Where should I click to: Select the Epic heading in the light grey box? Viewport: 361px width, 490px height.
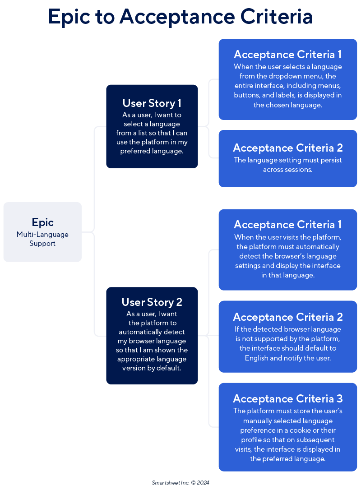coord(43,222)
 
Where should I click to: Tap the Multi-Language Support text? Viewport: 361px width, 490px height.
coord(42,239)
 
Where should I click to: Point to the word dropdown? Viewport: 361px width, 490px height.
coord(288,76)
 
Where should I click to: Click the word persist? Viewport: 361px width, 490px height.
coord(330,160)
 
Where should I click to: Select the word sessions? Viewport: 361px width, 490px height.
coord(298,170)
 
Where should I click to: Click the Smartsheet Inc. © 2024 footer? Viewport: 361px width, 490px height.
coord(180,482)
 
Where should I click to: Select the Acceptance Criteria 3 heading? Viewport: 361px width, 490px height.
coord(288,399)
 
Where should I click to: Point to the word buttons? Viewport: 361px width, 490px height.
coord(247,95)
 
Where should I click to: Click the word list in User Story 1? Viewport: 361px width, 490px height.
coord(143,133)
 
